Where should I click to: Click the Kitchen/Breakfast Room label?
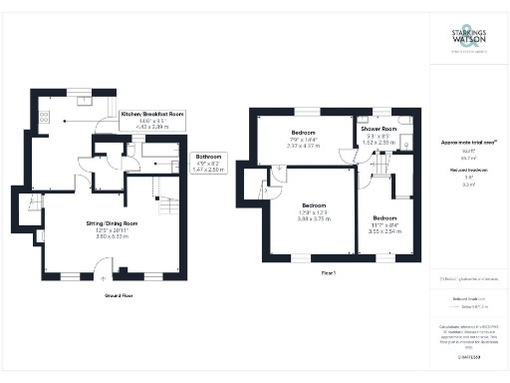point(152,115)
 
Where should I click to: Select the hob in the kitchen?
point(45,117)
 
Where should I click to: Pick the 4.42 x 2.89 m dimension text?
point(152,127)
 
